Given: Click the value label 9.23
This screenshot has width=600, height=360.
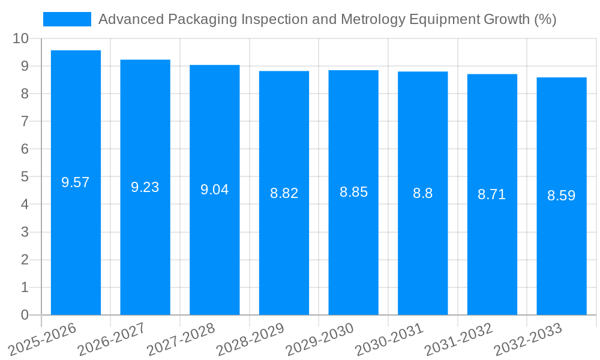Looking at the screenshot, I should coord(145,187).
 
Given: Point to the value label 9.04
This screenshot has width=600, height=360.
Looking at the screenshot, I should coord(214,190).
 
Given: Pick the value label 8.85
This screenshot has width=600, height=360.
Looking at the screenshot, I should coord(353,192).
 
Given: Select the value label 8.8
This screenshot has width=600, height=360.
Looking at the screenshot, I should coord(422,193).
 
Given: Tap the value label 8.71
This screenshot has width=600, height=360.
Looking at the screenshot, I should coord(492,194).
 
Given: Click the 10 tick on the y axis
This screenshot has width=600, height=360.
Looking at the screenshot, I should coord(20,38).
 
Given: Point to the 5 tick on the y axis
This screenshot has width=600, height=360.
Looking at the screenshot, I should coord(25,177).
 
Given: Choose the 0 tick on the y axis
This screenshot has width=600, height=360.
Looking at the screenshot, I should coord(25,315).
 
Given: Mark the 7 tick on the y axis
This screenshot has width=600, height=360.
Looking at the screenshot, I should coord(25,121).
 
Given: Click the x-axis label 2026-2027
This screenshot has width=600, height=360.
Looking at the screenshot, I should coord(112,339).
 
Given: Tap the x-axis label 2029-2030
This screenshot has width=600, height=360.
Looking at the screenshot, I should coord(320,339).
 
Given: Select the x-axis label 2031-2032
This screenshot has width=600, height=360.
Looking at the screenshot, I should coord(458,339).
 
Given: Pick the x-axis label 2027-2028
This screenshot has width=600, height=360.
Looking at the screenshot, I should coord(181,339).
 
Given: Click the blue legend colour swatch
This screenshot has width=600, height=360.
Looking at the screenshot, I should coord(67,19).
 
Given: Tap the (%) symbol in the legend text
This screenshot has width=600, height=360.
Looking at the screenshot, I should coord(545,19).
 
